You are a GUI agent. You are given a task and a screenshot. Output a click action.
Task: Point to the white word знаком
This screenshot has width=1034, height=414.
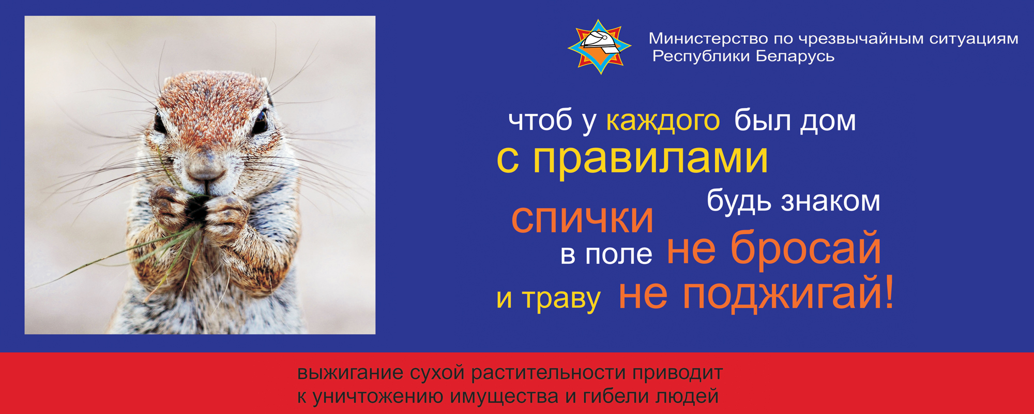pyautogui.click(x=830, y=201)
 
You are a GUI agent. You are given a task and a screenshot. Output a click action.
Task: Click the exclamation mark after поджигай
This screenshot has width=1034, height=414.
pyautogui.click(x=889, y=292)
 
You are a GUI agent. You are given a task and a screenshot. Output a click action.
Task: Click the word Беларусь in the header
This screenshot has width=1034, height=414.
pyautogui.click(x=795, y=56)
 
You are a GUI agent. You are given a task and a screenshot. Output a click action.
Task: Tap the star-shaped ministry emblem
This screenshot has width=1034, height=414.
pyautogui.click(x=600, y=47)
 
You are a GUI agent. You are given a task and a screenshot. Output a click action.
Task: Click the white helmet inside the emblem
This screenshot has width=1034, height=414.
pyautogui.click(x=600, y=40)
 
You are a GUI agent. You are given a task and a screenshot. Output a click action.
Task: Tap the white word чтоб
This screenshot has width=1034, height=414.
pyautogui.click(x=541, y=121)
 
